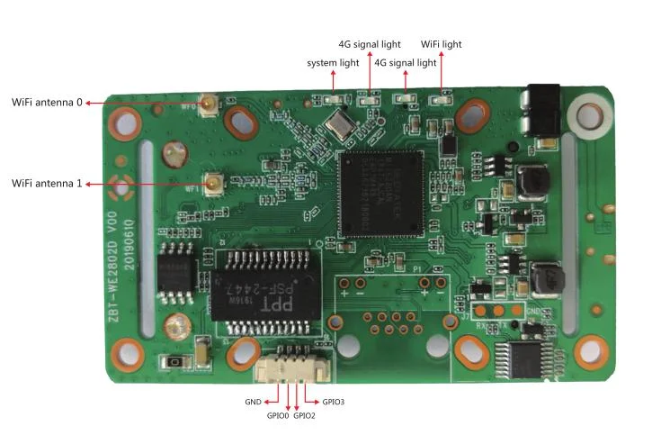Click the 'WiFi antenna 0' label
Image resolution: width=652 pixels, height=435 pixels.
click(x=46, y=103)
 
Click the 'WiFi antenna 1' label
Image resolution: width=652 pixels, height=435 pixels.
click(x=46, y=184)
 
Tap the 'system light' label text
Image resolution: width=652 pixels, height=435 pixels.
click(x=333, y=63)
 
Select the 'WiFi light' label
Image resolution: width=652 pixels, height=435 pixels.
click(x=441, y=44)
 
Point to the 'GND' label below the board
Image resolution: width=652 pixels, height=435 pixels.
click(x=253, y=402)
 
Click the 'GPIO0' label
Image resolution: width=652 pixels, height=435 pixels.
click(x=277, y=415)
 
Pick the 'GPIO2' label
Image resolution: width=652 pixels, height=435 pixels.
click(x=305, y=415)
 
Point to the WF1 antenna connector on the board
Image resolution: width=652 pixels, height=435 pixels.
click(x=215, y=185)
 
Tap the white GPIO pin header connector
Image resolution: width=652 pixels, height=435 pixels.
click(x=290, y=367)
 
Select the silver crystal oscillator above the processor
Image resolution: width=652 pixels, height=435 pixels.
click(x=340, y=124)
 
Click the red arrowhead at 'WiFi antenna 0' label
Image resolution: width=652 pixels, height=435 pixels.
click(x=88, y=103)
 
